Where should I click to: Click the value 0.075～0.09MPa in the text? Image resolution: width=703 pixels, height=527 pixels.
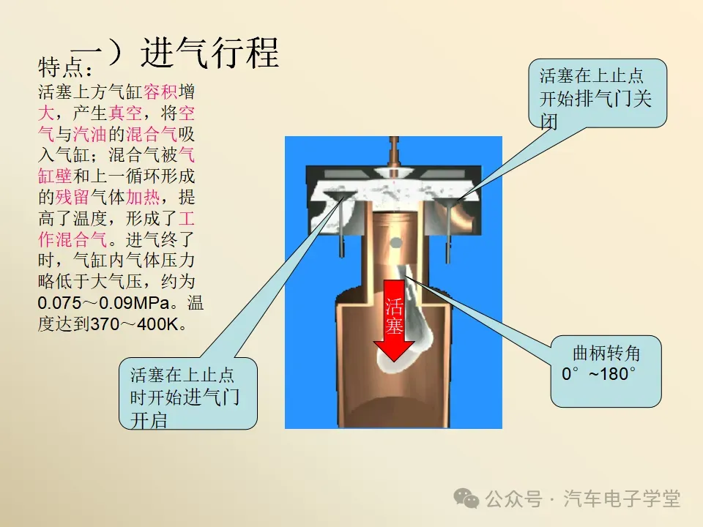click(107, 302)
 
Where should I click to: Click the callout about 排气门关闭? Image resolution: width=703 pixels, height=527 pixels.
click(598, 93)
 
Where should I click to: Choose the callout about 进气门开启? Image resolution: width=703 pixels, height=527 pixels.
click(187, 396)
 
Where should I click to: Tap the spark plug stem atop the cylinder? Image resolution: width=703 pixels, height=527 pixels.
click(394, 150)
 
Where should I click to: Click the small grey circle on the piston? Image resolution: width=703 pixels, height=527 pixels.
click(395, 242)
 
